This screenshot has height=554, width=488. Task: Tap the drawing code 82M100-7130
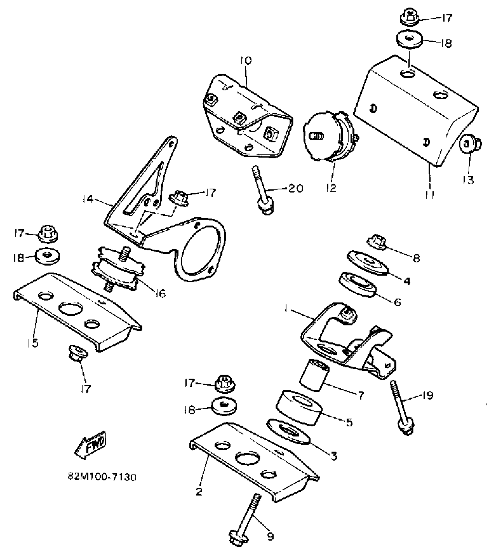[102, 477]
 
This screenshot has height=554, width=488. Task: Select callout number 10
[246, 61]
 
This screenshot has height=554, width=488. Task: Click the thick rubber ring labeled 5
[298, 407]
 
